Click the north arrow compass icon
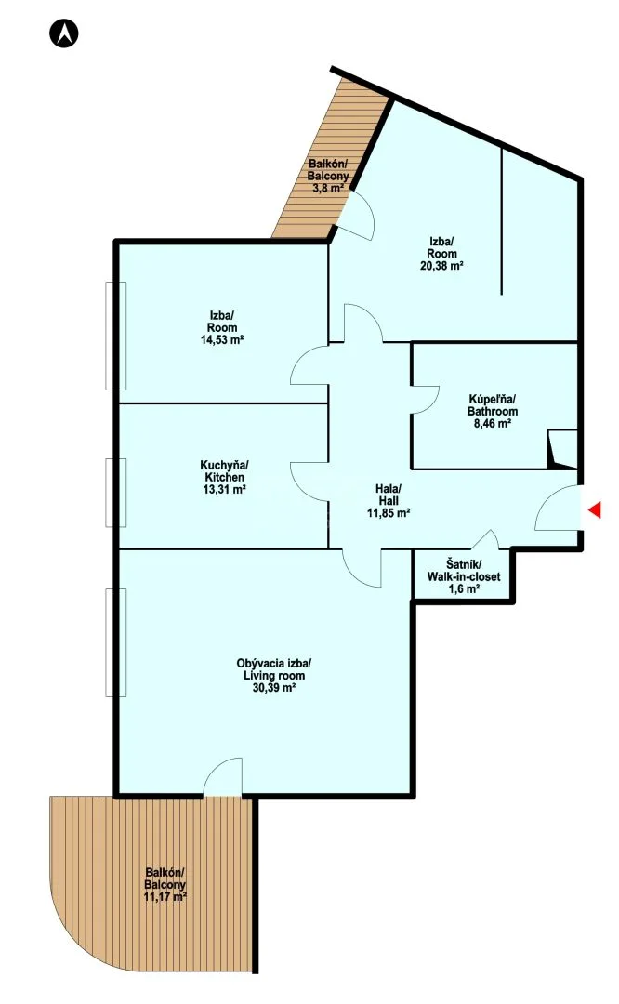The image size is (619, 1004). point(64,33)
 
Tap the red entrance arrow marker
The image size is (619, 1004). point(595,509)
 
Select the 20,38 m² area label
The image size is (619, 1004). point(441,266)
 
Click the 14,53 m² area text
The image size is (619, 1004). point(222,339)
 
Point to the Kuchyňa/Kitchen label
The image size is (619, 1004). point(223,470)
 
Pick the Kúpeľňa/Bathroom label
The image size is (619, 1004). point(493,404)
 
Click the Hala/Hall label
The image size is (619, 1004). point(388,495)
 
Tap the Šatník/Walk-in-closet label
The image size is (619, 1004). point(464,571)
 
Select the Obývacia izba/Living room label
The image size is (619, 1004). point(274,669)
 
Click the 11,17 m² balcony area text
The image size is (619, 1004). point(165,897)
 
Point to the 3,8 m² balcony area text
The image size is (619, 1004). point(328,188)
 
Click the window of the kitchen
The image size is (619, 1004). point(116,493)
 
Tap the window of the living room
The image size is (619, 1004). point(116,643)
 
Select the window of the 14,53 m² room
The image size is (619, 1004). point(116,336)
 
